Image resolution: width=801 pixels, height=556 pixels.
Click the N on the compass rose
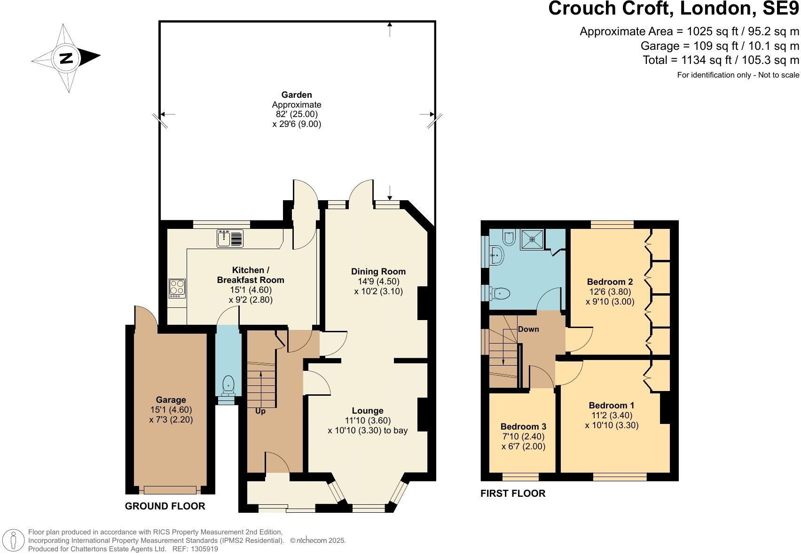click(66, 58)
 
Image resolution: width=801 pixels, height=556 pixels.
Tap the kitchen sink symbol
click(230, 238)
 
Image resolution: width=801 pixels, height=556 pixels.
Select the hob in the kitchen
click(177, 288)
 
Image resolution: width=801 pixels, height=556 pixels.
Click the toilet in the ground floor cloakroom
click(228, 384)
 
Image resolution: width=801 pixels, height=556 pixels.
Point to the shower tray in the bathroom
click(533, 239)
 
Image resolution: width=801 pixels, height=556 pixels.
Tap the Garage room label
click(171, 400)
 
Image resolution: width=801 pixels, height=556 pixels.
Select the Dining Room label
click(378, 271)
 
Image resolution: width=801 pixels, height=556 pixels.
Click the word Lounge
click(368, 411)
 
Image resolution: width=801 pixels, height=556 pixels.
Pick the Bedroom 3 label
click(523, 427)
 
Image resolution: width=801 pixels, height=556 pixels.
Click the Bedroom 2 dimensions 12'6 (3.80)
click(610, 292)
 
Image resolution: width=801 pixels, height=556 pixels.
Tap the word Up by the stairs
click(260, 411)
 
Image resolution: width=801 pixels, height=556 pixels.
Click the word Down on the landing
click(528, 329)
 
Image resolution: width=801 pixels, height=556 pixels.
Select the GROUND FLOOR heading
click(165, 506)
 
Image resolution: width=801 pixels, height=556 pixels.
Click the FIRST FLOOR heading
click(513, 493)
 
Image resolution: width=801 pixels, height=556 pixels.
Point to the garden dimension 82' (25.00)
click(297, 114)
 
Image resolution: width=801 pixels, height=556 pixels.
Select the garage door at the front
click(170, 490)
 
